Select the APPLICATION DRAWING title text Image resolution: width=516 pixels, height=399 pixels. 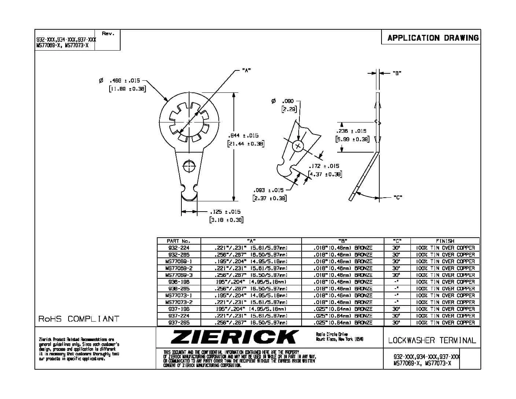point(433,38)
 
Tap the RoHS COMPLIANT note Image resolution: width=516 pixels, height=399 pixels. point(79,319)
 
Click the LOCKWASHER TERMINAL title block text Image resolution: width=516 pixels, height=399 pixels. point(432,340)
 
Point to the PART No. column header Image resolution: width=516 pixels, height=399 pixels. point(178,241)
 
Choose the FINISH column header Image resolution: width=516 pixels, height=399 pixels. point(445,241)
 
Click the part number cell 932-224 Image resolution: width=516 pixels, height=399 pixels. point(178,248)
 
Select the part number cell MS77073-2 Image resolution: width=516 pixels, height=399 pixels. point(178,302)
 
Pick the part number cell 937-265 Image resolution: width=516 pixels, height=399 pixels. point(178,323)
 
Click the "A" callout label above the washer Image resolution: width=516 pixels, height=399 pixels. point(246,70)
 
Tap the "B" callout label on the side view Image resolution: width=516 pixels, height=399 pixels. point(397,73)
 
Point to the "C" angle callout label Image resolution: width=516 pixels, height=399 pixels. point(398,198)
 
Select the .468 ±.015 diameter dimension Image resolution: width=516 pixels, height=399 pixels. point(125,81)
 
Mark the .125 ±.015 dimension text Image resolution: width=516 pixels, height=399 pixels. point(225,212)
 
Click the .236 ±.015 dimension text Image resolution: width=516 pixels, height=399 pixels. point(351,131)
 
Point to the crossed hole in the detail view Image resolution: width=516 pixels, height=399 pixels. point(298,146)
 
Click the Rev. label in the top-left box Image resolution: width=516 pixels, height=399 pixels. point(108,34)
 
